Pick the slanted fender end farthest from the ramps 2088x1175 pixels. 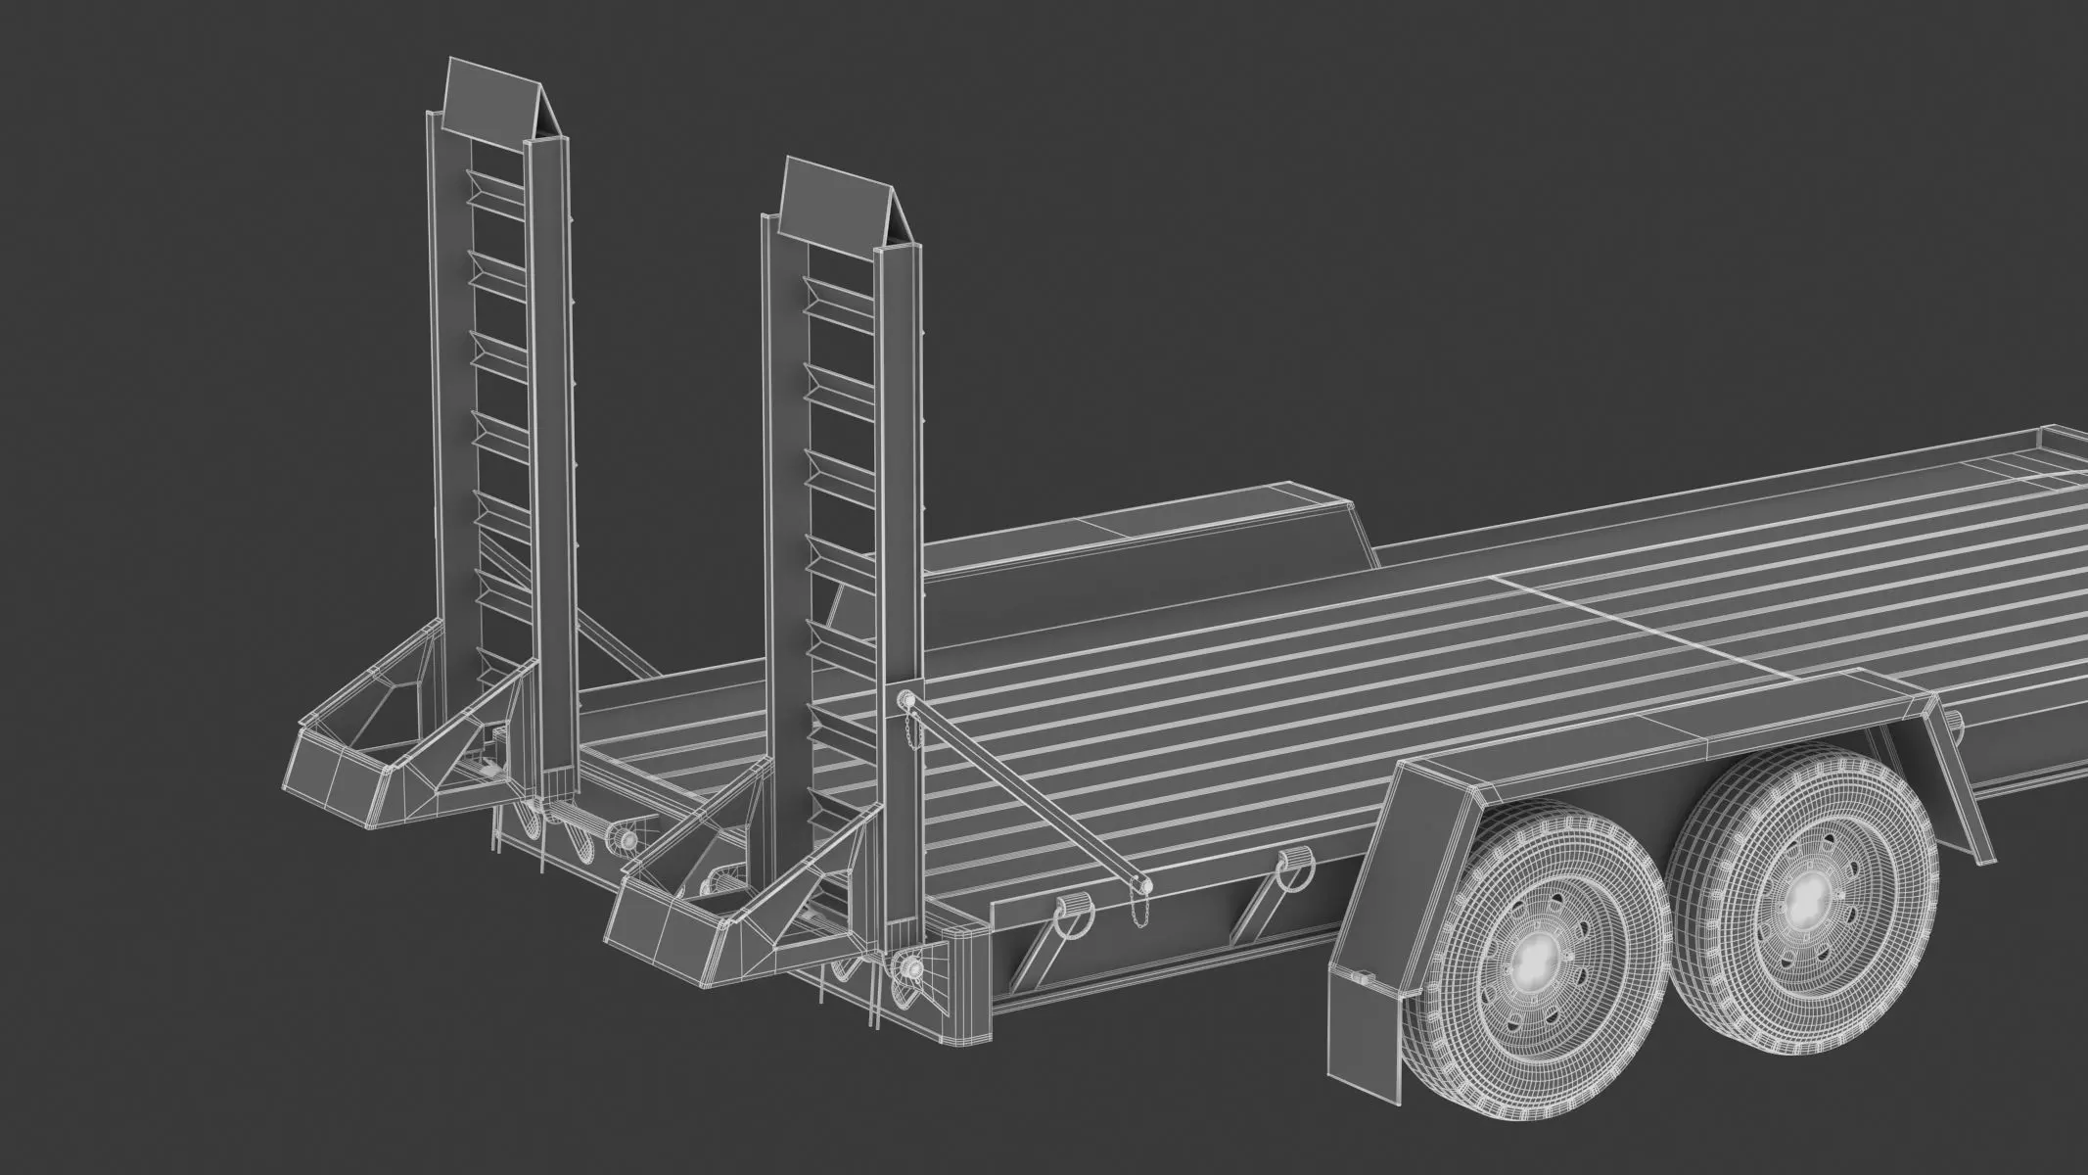pos(1948,774)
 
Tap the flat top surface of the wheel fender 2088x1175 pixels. pos(1664,729)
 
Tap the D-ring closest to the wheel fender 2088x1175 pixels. pos(1292,862)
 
